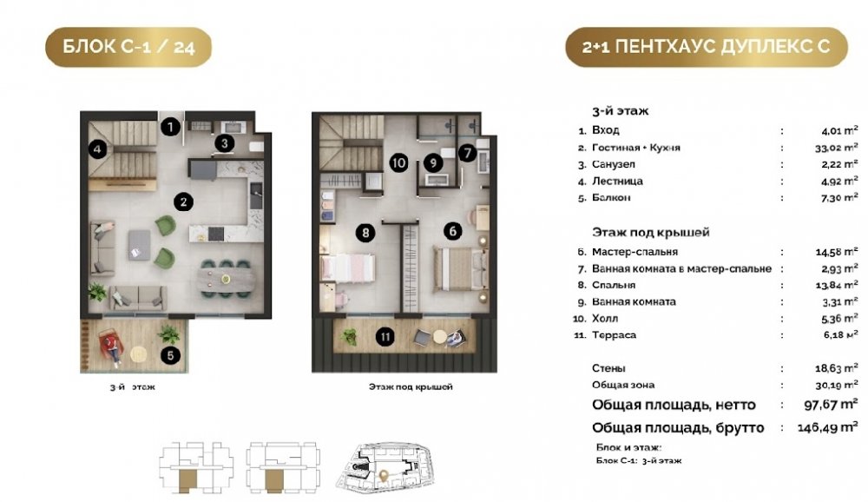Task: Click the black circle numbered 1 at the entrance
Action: point(170,127)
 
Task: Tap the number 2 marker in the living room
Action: point(183,202)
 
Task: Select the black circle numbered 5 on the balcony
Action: point(170,355)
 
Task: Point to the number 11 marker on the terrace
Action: point(385,336)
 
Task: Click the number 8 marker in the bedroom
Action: point(365,233)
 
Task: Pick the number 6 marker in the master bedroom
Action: point(453,230)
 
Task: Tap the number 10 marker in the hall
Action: point(398,163)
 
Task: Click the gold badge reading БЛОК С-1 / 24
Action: point(128,47)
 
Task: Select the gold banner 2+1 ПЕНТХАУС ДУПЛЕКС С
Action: point(707,47)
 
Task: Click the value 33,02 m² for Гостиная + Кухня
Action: point(837,148)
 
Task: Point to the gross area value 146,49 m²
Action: point(827,427)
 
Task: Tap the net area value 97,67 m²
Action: point(831,404)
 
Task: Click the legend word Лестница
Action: point(617,182)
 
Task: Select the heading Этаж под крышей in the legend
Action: point(650,232)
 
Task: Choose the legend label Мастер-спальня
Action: point(635,252)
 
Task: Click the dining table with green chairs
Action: point(226,277)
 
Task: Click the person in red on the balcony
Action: point(112,347)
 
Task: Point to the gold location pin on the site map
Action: point(383,475)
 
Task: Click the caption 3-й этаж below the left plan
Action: point(132,387)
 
